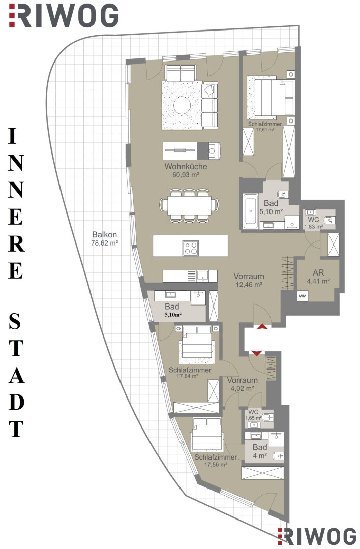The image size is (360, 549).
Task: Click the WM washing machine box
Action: coord(303,296)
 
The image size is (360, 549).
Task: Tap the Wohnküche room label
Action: coord(186,166)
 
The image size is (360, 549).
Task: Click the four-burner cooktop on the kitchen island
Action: coord(191,248)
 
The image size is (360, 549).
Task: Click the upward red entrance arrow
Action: coord(262,327)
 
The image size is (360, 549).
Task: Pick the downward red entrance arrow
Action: coord(257,353)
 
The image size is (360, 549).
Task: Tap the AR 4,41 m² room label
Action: coord(318,276)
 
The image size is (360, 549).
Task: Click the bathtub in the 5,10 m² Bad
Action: coord(250,211)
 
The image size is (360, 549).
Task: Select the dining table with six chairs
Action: coord(189,205)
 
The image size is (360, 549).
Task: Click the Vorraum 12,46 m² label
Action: coord(249,280)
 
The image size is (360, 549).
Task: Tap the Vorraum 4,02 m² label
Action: coord(242,384)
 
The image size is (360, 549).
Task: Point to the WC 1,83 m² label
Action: coord(313,223)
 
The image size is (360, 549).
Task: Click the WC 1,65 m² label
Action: coord(254,415)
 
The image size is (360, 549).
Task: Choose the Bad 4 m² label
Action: coord(260,451)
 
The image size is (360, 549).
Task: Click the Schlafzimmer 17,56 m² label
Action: coord(216,461)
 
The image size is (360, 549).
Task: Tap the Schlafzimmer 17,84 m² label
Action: coord(190,373)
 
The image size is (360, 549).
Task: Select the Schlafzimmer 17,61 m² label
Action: coord(265,127)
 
